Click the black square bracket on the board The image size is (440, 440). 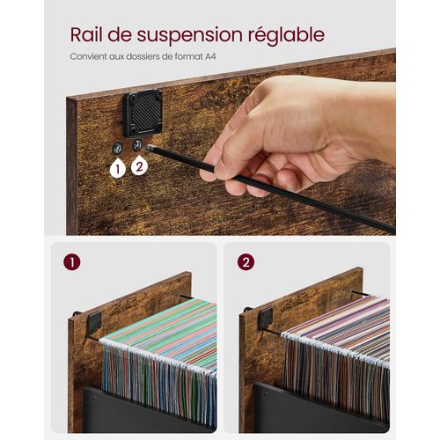(142, 113)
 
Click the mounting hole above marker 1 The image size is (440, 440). (118, 147)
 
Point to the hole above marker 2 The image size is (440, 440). (137, 143)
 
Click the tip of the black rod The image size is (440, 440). (152, 149)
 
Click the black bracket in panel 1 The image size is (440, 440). (93, 322)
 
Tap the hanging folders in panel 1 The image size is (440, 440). (158, 361)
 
